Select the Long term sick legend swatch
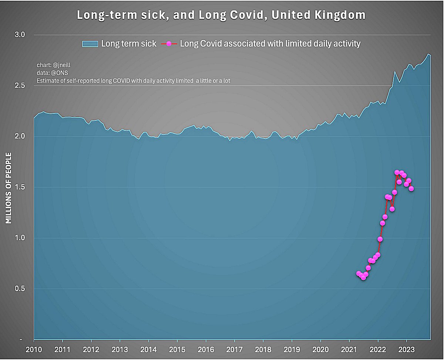click(x=90, y=44)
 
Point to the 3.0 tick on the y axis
click(x=20, y=35)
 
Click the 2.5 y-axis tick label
click(x=20, y=86)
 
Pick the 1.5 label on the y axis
click(x=20, y=187)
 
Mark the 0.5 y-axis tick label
click(x=20, y=289)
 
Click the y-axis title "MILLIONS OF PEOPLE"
click(x=9, y=188)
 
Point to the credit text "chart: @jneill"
click(x=54, y=65)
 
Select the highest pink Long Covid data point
click(x=397, y=172)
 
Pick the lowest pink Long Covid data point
click(x=363, y=277)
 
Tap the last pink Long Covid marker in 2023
click(x=411, y=189)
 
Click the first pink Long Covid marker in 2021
click(x=359, y=273)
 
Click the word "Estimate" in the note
click(x=47, y=80)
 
